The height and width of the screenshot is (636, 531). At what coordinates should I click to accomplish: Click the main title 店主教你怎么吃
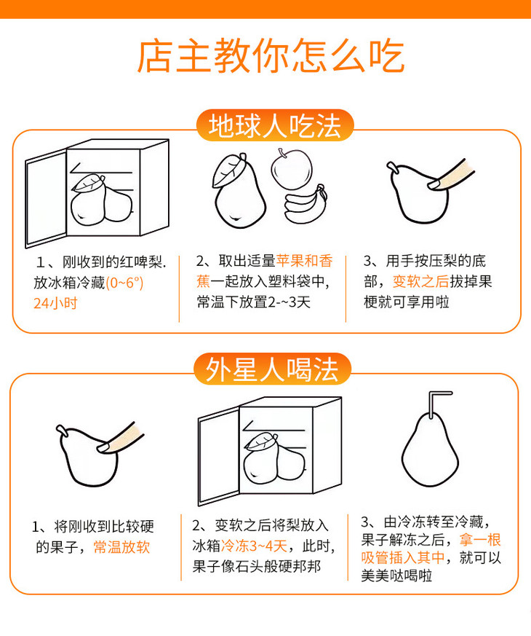(271, 55)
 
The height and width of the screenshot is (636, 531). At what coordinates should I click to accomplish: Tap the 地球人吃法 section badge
(275, 125)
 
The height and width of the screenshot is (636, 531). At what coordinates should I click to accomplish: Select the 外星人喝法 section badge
(272, 369)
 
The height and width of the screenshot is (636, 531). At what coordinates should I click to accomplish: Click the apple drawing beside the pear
(291, 169)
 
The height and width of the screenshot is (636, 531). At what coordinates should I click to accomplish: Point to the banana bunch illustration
(306, 205)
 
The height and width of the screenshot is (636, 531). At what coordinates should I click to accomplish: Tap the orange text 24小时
(55, 303)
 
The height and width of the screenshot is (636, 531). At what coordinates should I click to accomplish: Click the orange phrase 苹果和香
(304, 261)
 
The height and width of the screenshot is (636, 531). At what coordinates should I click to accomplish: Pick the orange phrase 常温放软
(121, 547)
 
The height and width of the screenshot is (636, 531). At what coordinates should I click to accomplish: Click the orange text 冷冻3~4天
(254, 546)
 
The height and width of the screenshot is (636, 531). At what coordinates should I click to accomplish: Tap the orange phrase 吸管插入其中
(403, 558)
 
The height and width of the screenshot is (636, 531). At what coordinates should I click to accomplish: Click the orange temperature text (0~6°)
(124, 283)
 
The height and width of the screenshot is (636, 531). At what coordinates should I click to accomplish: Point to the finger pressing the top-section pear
(450, 176)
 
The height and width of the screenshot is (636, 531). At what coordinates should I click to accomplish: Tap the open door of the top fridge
(45, 199)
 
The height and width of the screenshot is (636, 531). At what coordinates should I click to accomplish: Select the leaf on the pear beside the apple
(229, 170)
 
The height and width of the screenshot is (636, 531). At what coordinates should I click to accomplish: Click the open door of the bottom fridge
(218, 456)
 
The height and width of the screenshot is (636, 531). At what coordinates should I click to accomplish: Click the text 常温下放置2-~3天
(254, 302)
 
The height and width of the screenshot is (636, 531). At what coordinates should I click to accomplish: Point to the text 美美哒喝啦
(396, 576)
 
